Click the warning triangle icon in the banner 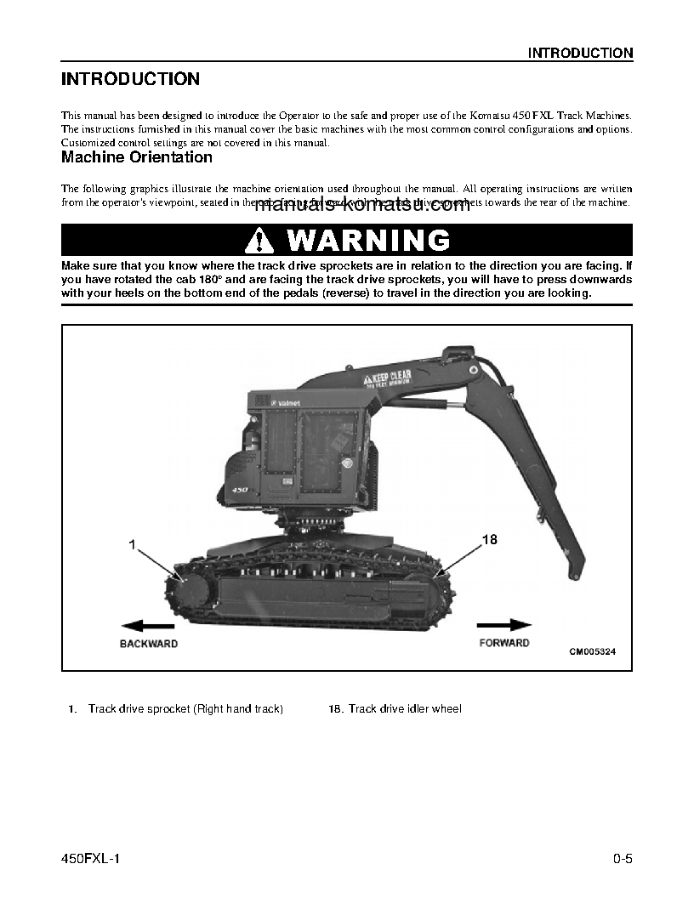(x=259, y=241)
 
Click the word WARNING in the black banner (x=368, y=241)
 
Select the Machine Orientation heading (x=136, y=157)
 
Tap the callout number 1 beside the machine (x=133, y=544)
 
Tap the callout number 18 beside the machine (x=489, y=540)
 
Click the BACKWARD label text (x=149, y=644)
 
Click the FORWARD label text (x=504, y=643)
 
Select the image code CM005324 (x=592, y=652)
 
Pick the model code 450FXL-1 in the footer (x=91, y=859)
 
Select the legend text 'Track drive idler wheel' (x=405, y=708)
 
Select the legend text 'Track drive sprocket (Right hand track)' (x=185, y=708)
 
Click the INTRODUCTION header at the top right (x=580, y=53)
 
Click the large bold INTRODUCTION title (x=130, y=79)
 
